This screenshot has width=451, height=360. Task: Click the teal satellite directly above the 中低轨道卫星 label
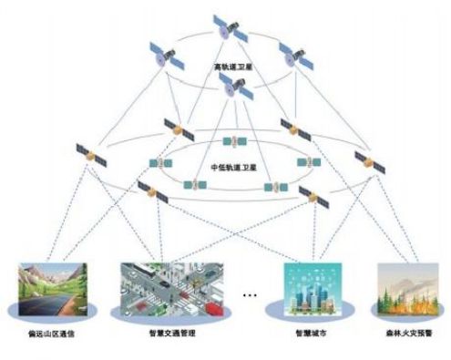(235, 141)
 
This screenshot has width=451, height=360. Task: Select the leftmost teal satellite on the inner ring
(162, 163)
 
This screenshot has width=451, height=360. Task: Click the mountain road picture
(53, 291)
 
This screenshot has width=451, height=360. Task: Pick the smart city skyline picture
(312, 290)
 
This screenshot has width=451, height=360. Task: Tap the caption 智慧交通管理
(174, 335)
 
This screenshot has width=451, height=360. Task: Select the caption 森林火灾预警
(407, 334)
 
